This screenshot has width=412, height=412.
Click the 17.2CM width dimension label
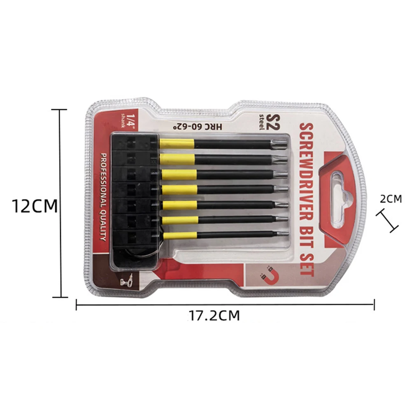pyautogui.click(x=214, y=316)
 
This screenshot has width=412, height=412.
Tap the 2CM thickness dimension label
pyautogui.click(x=390, y=199)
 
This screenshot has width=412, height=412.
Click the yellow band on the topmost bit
pyautogui.click(x=177, y=144)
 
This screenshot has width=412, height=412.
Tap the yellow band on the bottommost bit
pyautogui.click(x=179, y=235)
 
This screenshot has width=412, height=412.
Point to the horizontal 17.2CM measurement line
pyautogui.click(x=225, y=305)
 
